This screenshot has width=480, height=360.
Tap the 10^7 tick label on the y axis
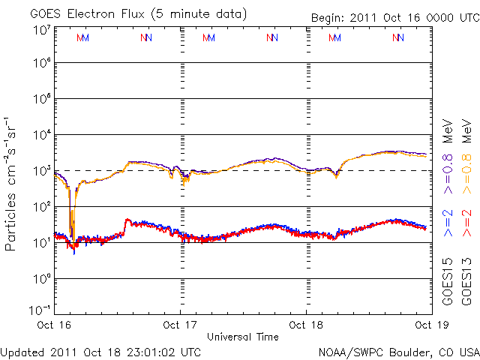click(x=41, y=30)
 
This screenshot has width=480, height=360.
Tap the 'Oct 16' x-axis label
click(x=54, y=325)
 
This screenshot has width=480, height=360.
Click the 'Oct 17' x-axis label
click(x=180, y=325)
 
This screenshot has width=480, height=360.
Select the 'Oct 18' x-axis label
click(x=306, y=325)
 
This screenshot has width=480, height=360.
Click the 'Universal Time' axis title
click(x=242, y=337)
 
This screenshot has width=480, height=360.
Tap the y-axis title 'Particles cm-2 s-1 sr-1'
click(x=12, y=184)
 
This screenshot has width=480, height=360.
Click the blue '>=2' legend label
click(x=448, y=223)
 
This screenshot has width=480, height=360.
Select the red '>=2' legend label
click(x=466, y=223)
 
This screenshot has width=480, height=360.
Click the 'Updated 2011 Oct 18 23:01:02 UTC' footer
click(x=100, y=351)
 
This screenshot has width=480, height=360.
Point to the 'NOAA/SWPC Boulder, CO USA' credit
click(x=398, y=351)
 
